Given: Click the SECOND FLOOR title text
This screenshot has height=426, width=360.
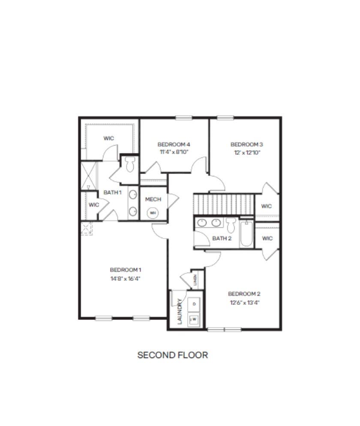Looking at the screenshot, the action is click(x=172, y=355).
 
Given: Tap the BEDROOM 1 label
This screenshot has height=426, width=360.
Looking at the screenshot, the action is click(x=125, y=270).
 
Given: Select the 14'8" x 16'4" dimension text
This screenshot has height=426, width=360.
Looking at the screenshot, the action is click(x=125, y=278).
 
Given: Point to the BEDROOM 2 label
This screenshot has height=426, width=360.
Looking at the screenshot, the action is click(x=244, y=294).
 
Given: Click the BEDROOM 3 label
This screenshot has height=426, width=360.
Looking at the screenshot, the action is click(x=246, y=144).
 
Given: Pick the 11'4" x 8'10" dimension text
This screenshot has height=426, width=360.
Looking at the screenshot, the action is click(x=174, y=152).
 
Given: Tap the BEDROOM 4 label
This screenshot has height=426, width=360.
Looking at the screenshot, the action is click(x=174, y=144).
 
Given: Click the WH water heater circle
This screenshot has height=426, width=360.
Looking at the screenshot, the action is click(x=153, y=213).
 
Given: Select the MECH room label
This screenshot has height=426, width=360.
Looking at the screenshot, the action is click(x=153, y=200).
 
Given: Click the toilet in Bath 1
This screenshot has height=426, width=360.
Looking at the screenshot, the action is click(x=130, y=164).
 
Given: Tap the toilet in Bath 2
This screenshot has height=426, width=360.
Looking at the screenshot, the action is click(x=231, y=225).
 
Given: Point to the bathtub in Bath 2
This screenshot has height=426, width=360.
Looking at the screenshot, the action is click(x=246, y=234).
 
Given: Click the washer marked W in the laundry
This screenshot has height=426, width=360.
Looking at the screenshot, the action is click(x=194, y=319).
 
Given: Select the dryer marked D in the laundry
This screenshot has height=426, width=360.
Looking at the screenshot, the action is click(x=194, y=304).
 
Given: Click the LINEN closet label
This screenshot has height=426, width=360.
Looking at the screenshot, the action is click(x=195, y=280).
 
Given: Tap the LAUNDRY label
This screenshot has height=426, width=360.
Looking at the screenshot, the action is click(x=180, y=311).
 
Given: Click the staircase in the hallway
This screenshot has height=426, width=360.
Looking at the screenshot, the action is click(x=224, y=204).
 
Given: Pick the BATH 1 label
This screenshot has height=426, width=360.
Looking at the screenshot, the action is click(x=112, y=192).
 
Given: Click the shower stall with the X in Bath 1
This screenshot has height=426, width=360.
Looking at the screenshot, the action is click(x=89, y=176).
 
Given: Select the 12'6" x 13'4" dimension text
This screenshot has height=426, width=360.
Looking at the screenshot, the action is click(x=245, y=302).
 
